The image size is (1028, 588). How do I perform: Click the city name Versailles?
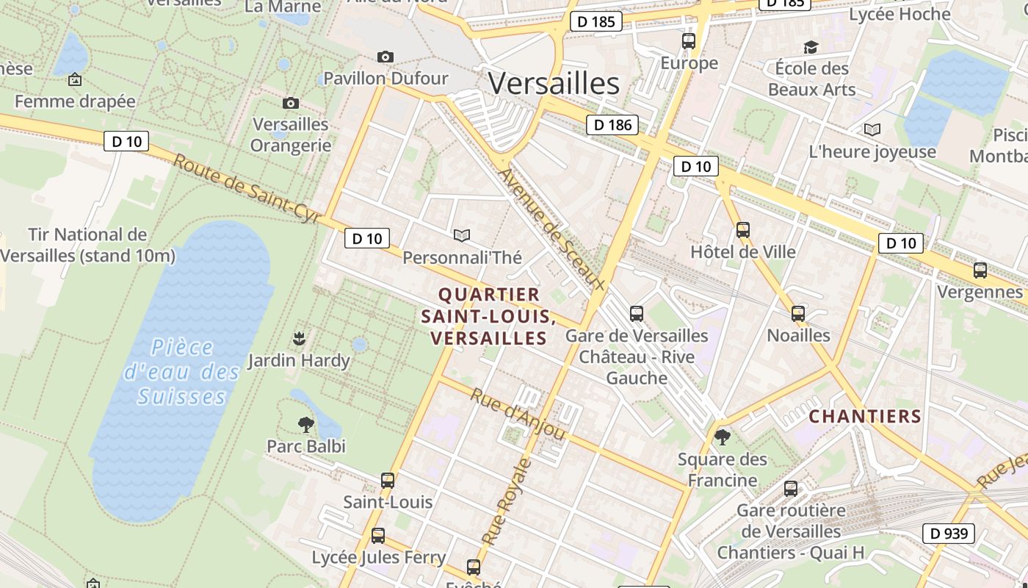554,83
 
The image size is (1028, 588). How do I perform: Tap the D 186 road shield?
612,125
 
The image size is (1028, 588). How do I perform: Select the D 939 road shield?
948,534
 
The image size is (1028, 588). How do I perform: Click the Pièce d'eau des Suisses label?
181,372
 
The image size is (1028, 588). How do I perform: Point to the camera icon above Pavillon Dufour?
385,57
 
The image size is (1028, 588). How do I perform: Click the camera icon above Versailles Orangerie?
291,103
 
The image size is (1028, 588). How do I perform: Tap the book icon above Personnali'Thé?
461,235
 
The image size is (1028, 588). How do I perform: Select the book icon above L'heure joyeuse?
872,130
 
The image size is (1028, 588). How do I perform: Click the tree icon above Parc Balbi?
305,424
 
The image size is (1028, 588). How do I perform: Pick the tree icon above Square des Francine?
723,437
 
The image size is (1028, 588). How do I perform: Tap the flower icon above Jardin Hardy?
299,339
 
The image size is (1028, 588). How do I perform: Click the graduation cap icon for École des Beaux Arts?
811,47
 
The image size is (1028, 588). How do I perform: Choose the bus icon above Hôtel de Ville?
743,230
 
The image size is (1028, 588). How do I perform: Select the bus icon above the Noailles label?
798,314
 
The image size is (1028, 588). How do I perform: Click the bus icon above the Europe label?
688,41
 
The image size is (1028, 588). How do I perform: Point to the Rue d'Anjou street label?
518,415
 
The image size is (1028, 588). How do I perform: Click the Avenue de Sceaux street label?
551,229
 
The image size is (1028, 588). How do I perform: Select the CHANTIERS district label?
865,417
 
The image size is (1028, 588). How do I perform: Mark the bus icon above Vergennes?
980,270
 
